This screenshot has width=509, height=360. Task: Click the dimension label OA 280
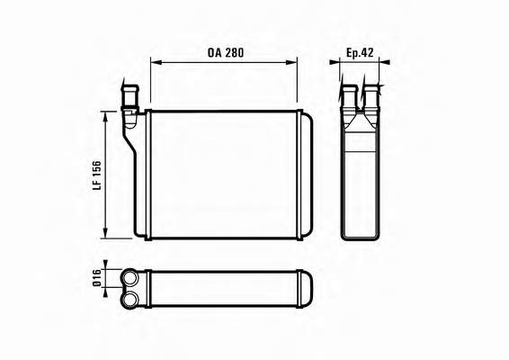226,52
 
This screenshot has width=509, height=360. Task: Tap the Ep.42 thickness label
360,52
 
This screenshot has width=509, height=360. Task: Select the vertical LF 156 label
97,175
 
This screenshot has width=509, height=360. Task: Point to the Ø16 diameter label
97,278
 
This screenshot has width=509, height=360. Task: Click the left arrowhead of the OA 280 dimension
156,62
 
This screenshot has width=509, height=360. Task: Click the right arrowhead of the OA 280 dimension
291,62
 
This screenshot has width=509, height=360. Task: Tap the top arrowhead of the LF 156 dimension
105,117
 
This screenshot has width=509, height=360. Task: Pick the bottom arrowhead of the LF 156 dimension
105,232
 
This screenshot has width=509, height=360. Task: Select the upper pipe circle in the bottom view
130,278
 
